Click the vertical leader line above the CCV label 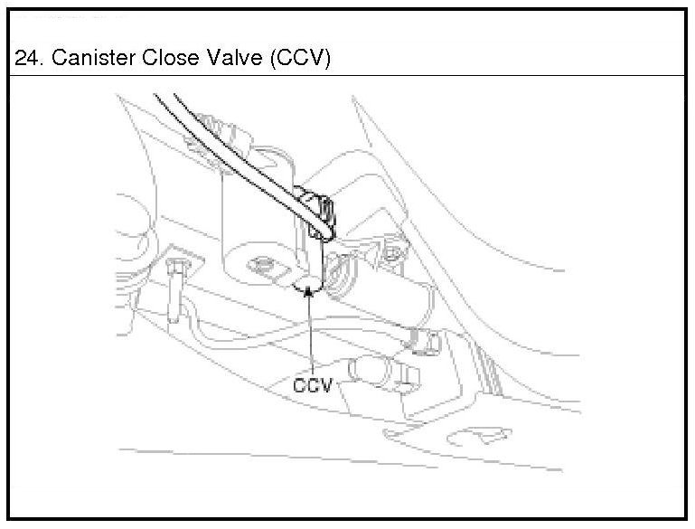point(310,335)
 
